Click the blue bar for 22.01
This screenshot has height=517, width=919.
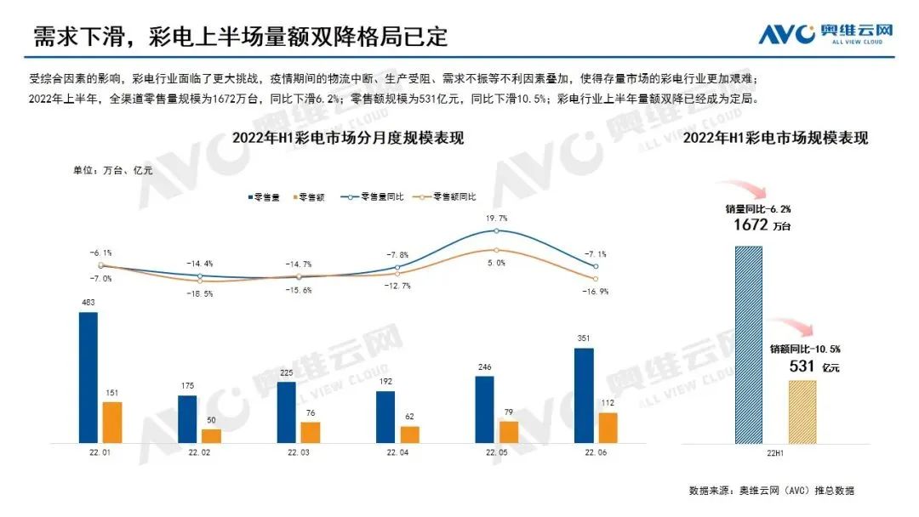tap(88, 378)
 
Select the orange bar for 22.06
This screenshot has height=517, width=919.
tap(607, 428)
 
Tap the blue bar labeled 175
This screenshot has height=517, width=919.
tap(187, 419)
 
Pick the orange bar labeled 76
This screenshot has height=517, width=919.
tap(311, 432)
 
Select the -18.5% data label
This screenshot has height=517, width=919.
tap(200, 293)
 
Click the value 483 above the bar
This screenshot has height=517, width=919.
tap(88, 304)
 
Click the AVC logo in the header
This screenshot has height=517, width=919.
tap(825, 35)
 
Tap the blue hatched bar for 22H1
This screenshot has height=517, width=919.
tap(748, 344)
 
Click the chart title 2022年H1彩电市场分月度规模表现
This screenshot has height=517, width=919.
tap(348, 139)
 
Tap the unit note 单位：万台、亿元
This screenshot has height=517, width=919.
tap(112, 169)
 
